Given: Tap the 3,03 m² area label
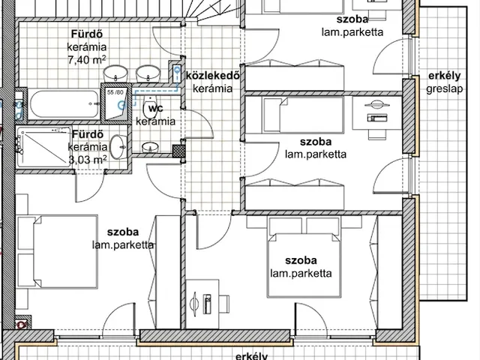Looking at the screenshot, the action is pos(88,160).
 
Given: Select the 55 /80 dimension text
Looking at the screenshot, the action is pos(115,91).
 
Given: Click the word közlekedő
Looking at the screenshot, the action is pos(213,75).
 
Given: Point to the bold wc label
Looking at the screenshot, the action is pos(155,108).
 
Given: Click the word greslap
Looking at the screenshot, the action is pos(445,89).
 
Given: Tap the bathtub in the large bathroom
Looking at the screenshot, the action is pos(64,103).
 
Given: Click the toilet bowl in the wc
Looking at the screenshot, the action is pos(150,106).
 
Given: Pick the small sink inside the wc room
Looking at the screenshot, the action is pos(150,147).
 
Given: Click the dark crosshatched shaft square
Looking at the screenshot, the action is pos(178,151).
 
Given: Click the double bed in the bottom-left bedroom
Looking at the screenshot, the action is pos(66,252).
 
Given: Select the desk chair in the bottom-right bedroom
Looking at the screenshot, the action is pos(225,304).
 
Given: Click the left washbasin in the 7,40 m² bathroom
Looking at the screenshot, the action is pos(115,73).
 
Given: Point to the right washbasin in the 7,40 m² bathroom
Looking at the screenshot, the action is pos(148,73).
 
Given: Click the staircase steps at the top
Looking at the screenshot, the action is pos(211,10).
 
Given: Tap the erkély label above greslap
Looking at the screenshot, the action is pos(445,76).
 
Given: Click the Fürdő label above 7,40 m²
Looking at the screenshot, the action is pos(87,34).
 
